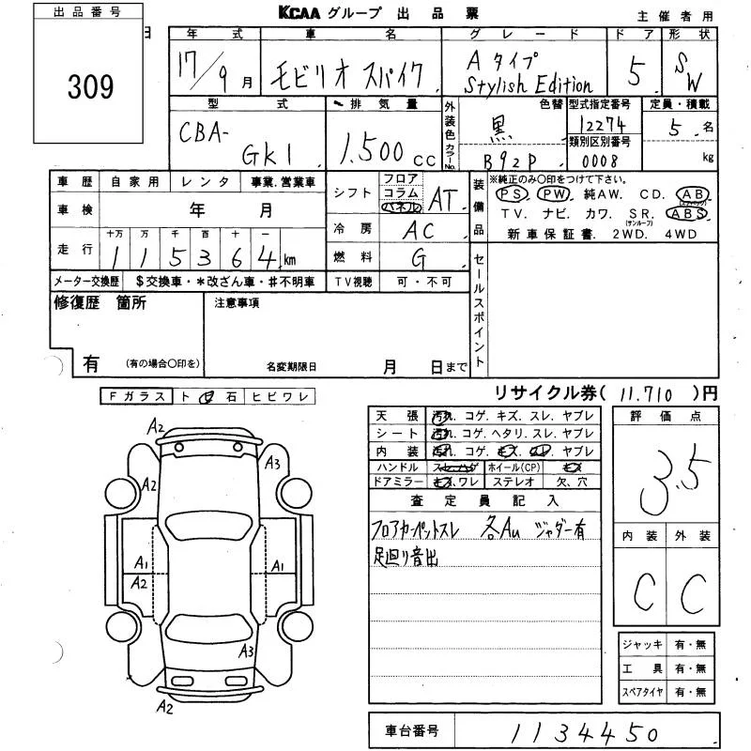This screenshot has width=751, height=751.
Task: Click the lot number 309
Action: [90, 86]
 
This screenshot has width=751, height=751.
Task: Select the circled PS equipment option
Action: [513, 193]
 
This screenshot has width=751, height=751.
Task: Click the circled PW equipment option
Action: [555, 193]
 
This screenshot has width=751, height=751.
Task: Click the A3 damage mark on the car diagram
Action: [273, 462]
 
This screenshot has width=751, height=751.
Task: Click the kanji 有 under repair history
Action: [91, 362]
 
